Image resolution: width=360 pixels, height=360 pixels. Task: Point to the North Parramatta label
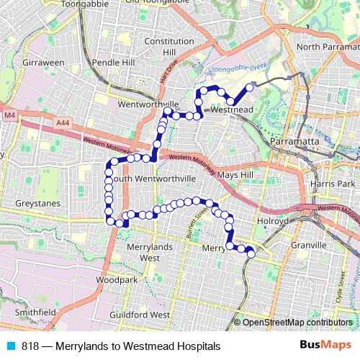327,47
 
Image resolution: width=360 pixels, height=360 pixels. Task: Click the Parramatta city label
294,142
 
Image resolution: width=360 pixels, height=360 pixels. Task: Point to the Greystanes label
25,204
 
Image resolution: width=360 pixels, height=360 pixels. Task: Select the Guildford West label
140,315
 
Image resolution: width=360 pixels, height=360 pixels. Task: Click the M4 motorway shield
9,114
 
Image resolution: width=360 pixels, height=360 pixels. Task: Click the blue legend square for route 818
10,346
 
